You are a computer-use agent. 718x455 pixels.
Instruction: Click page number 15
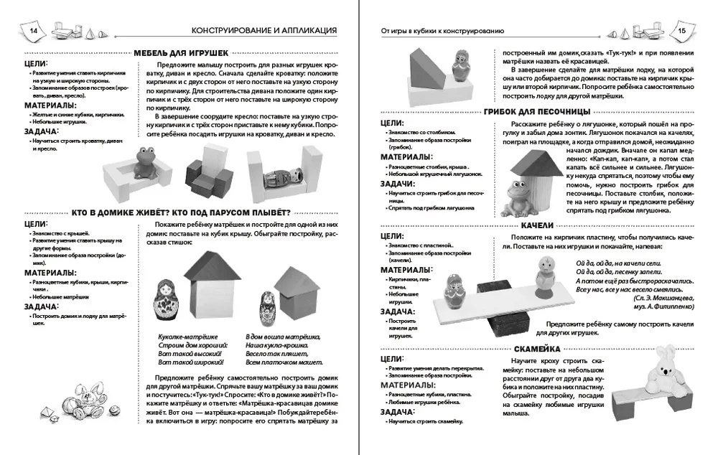pyautogui.click(x=682, y=32)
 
